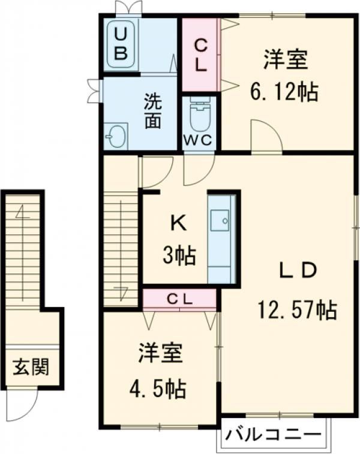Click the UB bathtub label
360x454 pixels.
[x=121, y=42]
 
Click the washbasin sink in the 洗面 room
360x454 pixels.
[x=115, y=136]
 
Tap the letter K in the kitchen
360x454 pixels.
[x=178, y=224]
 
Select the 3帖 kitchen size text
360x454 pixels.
[x=178, y=256]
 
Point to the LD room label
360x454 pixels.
[x=296, y=271]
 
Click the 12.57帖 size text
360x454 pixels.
[x=297, y=309]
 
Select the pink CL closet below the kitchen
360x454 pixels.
[x=179, y=299]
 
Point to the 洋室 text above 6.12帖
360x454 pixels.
[x=285, y=60]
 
